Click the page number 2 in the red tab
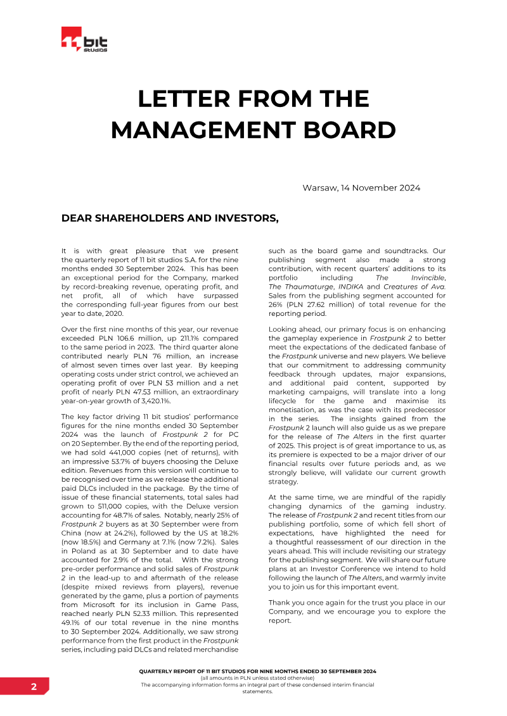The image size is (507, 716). coord(33,686)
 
